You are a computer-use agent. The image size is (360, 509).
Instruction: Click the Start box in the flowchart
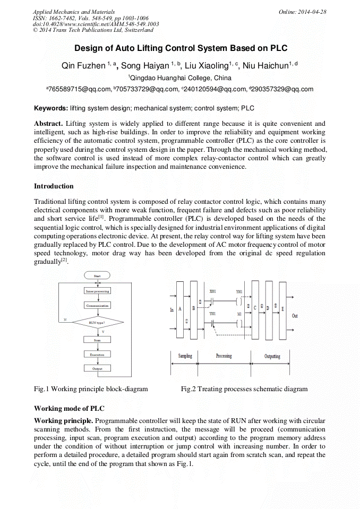coord(97,276)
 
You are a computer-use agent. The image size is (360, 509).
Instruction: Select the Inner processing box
coord(97,291)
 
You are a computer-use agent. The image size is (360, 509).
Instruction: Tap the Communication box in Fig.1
coord(97,306)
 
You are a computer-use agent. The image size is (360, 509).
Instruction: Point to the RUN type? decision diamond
coord(97,322)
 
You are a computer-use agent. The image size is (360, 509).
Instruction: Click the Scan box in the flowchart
coord(97,340)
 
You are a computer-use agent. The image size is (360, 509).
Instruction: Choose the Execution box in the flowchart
coord(97,354)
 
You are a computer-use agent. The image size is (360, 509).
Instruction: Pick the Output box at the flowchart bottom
coord(97,368)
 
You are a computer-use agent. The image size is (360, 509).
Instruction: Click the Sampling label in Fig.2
coord(185,356)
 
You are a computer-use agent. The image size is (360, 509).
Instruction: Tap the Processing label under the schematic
coord(224,356)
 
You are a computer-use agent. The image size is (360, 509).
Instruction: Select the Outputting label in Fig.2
coord(272,356)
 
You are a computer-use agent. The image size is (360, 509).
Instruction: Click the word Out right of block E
coord(295,316)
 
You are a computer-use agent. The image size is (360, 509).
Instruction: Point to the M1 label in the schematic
coord(240,314)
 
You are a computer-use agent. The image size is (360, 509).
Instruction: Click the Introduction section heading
coord(54,186)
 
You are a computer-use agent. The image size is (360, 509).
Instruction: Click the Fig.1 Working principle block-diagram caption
coord(91,389)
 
